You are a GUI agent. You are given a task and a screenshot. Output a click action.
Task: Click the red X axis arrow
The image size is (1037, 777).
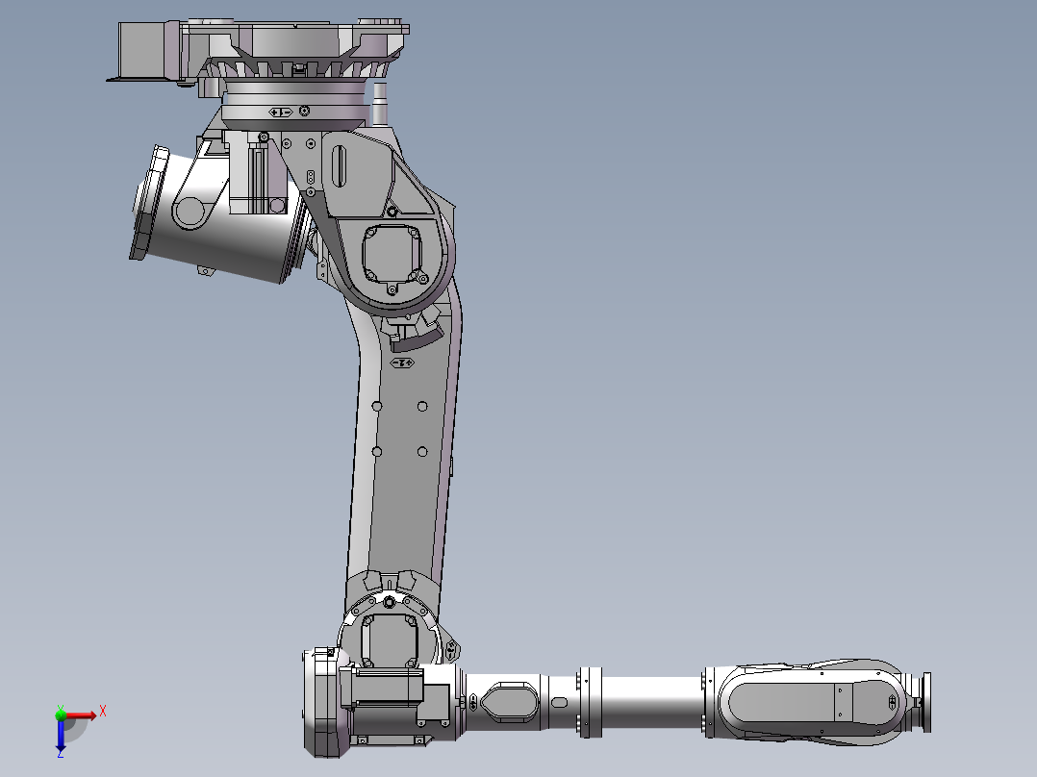[85, 715]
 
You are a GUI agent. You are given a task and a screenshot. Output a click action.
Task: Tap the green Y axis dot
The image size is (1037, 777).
[61, 714]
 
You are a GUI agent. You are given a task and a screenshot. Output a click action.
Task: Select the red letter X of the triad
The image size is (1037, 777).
[102, 711]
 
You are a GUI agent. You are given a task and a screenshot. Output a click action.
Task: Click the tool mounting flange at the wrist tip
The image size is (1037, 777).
[925, 701]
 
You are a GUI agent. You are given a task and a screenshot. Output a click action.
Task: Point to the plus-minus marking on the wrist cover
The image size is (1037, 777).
[893, 701]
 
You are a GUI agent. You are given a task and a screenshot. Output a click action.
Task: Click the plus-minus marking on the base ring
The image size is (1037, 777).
[281, 113]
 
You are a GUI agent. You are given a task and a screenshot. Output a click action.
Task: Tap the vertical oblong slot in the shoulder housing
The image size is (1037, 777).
[339, 167]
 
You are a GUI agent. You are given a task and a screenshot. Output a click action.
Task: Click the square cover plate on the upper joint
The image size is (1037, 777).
[391, 255]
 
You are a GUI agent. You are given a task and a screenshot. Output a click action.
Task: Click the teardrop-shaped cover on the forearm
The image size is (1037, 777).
[507, 700]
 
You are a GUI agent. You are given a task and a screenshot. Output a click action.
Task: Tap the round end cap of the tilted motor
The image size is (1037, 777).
[146, 202]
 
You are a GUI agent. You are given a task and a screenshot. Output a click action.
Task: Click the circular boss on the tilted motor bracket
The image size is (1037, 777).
[190, 211]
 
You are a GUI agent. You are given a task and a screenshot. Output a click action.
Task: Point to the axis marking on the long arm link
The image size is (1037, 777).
[403, 363]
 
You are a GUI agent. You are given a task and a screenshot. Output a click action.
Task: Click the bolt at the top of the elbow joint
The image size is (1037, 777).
[388, 603]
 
